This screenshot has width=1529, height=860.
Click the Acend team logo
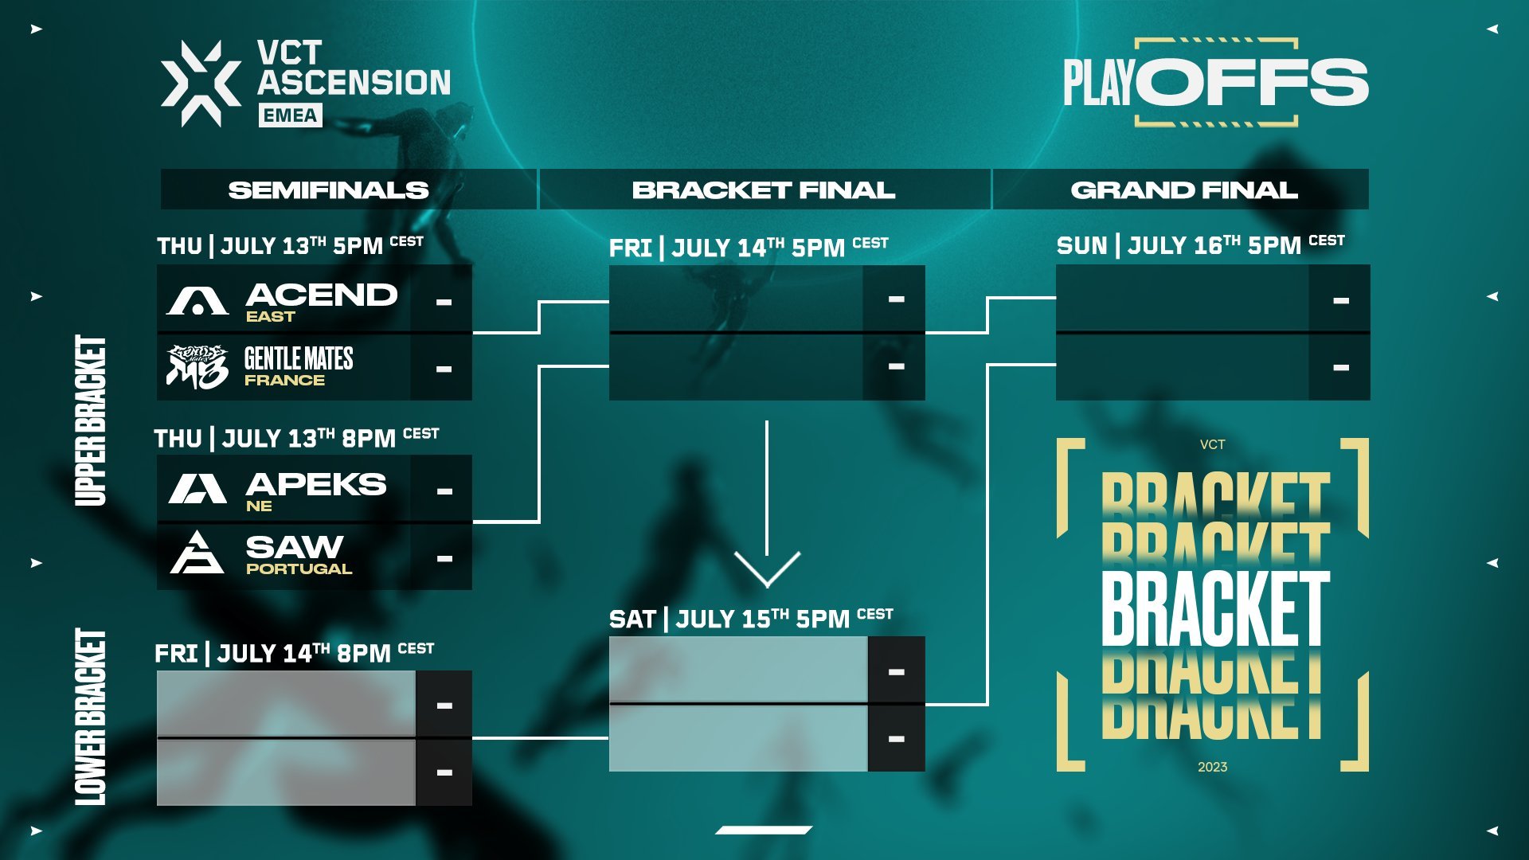[x=197, y=301]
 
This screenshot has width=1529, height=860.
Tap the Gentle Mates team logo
[x=197, y=366]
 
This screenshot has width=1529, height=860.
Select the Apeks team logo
[x=197, y=489]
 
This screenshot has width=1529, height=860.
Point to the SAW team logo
[x=197, y=553]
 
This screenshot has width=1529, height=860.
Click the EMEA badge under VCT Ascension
[x=290, y=115]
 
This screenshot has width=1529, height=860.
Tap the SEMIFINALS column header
[x=328, y=190]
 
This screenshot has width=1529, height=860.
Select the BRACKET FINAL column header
[x=763, y=190]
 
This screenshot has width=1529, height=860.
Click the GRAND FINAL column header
[x=1183, y=190]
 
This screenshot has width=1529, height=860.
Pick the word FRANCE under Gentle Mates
[x=284, y=381]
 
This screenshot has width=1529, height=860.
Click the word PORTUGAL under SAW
[x=299, y=569]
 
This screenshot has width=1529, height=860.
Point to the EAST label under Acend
[x=270, y=317]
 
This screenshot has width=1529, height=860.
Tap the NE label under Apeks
[x=259, y=506]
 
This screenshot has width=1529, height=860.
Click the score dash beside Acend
[x=444, y=302]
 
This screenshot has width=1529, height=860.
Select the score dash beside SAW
[x=444, y=558]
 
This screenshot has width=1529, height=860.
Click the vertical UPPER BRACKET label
[x=91, y=420]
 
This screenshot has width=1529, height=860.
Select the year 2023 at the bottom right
[x=1212, y=767]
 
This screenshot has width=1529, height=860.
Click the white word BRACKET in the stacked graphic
[x=1215, y=608]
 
